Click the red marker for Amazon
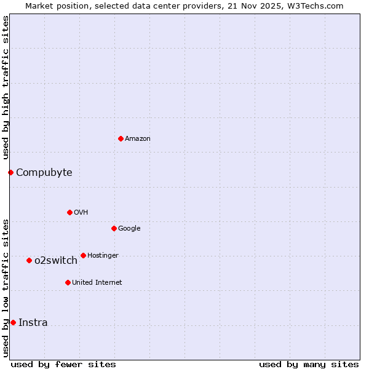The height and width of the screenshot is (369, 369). pos(121,138)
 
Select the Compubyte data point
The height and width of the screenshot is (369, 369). pos(10,172)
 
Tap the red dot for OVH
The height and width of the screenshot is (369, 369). pos(69,212)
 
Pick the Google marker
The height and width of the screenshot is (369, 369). pos(114,228)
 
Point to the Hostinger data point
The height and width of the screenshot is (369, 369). pos(83,255)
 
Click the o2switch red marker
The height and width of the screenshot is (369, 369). pos(29,260)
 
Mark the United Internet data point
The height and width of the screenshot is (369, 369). pos(68,282)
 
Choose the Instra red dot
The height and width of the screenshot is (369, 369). pos(13,322)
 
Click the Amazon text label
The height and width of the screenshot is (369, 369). pos(137,138)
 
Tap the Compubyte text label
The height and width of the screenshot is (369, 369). pos(44,172)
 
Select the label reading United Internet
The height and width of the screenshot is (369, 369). pos(97,282)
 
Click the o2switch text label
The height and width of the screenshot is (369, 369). pos(55,260)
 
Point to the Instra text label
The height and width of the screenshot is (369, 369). pos(33,322)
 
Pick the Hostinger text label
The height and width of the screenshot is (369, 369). pos(103,255)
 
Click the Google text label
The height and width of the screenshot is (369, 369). pos(129,228)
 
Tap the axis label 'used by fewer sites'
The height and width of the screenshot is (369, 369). pos(63,364)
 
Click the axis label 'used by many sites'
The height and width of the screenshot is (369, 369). pos(309,364)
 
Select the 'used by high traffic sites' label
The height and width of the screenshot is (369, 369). pos(6,87)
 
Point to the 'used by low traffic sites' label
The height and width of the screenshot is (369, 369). pos(6,287)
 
